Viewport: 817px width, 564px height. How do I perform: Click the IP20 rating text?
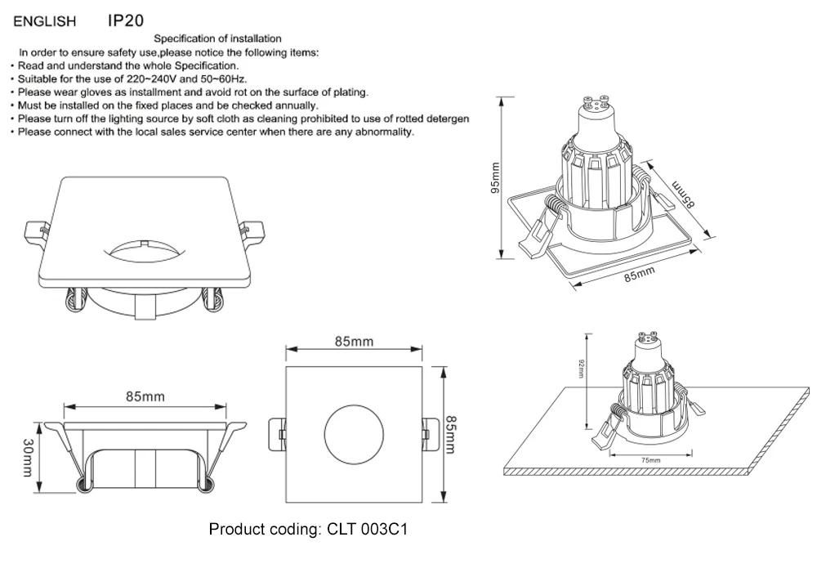coord(126,18)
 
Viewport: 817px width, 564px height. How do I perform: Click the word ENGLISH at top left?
coord(46,20)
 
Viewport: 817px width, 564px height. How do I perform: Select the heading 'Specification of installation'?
coord(218,38)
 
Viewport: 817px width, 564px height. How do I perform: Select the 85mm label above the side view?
coord(145,396)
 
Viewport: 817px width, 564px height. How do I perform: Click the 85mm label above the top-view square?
coord(354,342)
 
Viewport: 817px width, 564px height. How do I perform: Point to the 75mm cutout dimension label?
coord(650,461)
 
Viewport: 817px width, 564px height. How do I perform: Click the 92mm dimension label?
coord(581,369)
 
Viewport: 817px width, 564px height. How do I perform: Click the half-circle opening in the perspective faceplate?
coord(146,247)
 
